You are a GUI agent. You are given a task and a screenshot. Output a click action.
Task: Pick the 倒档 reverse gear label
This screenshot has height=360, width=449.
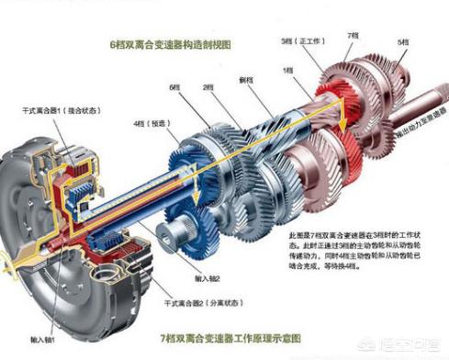(245, 82)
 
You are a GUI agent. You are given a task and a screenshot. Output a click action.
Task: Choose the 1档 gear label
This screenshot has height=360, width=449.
(287, 71)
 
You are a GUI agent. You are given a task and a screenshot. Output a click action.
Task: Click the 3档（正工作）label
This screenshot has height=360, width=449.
(299, 41)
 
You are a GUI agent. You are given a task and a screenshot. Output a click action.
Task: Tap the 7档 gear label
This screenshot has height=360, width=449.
(352, 33)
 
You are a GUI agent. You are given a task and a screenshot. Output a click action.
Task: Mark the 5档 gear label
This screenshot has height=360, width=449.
(401, 41)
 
